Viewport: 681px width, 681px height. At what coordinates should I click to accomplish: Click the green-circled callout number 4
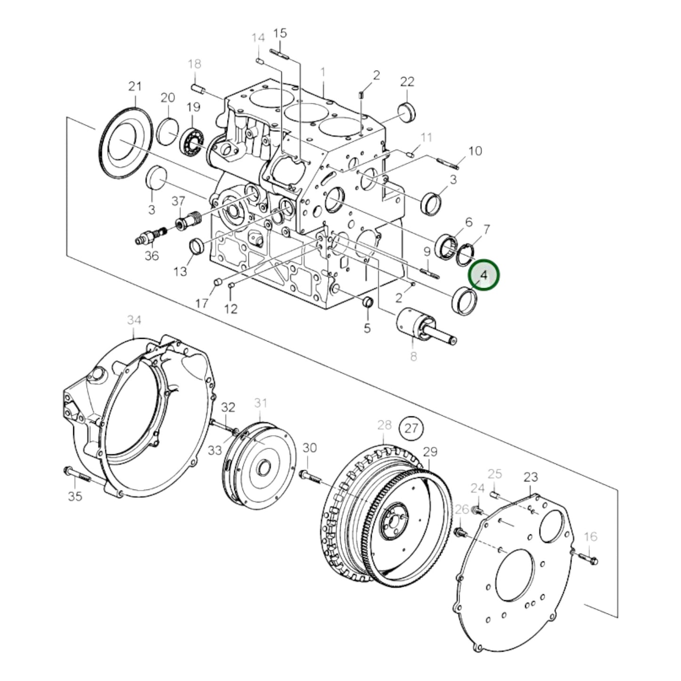(x=483, y=275)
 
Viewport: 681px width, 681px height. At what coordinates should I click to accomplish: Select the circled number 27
(x=411, y=428)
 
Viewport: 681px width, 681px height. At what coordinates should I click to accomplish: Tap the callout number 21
(x=135, y=86)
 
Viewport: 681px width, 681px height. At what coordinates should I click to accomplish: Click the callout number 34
(x=134, y=320)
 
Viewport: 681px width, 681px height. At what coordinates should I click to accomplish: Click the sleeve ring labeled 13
(x=197, y=246)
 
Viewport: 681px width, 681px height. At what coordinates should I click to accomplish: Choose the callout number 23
(x=531, y=477)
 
